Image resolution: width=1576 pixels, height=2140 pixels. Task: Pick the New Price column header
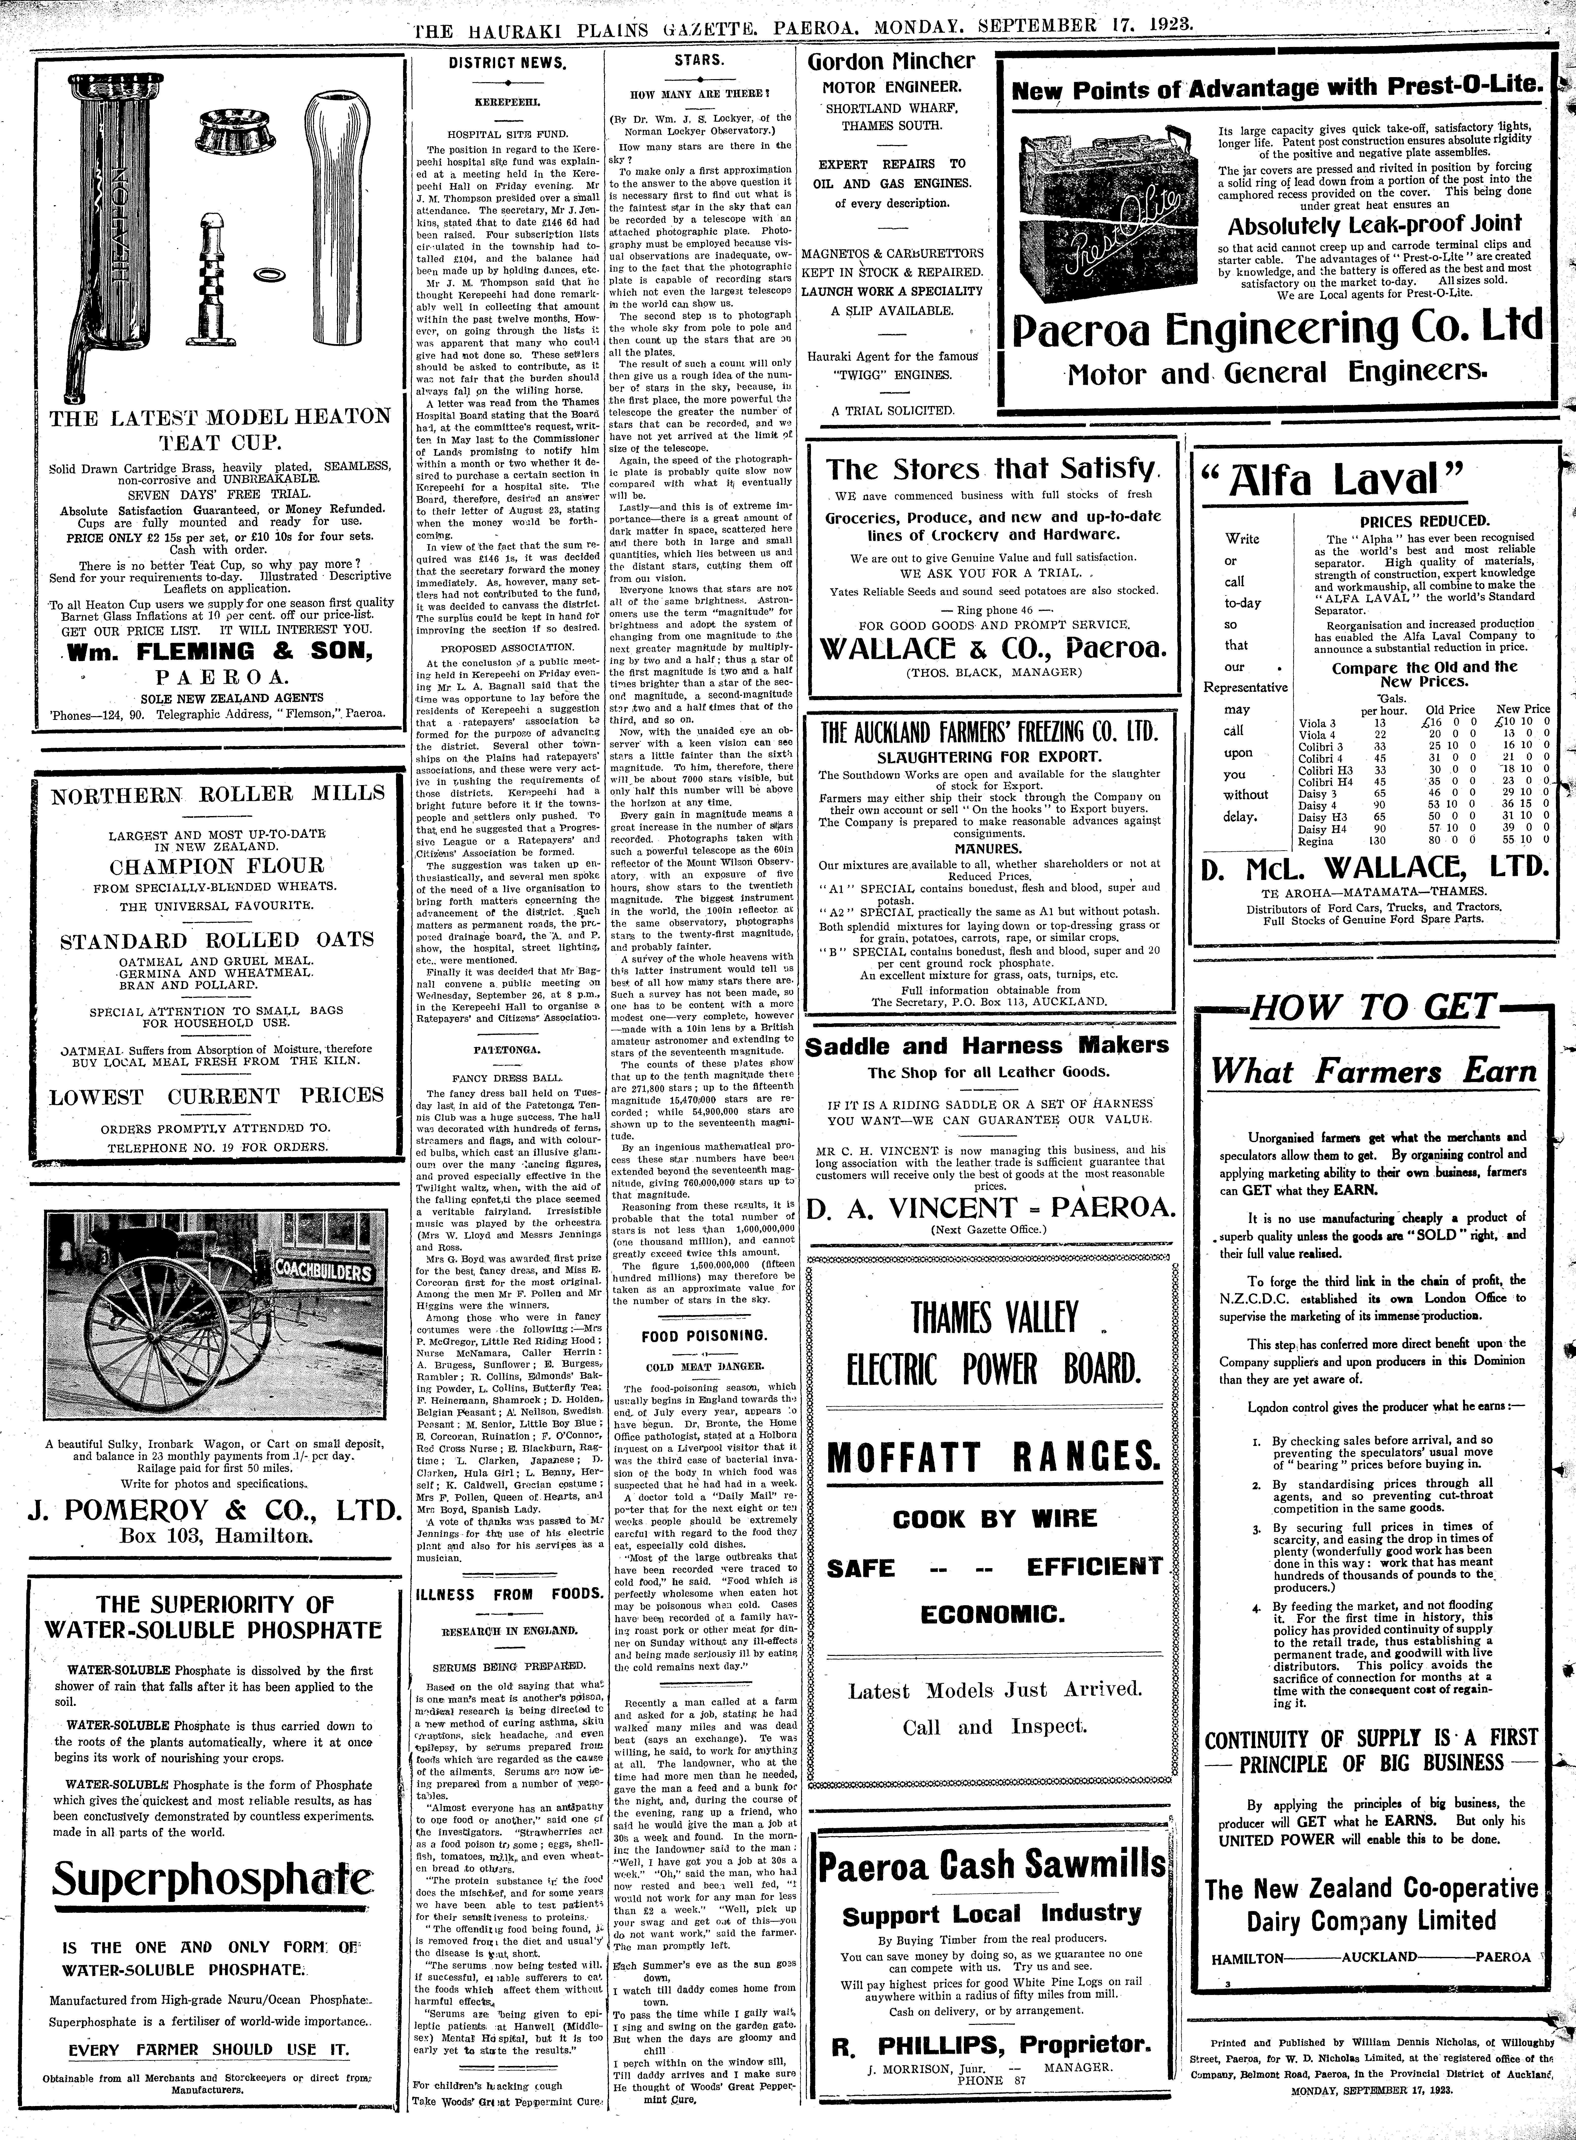point(1522,710)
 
